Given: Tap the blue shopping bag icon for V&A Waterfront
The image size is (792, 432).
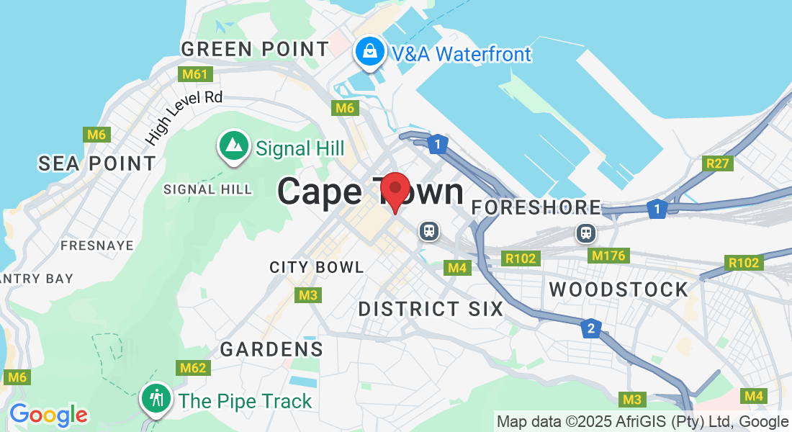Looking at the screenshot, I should pos(369,52).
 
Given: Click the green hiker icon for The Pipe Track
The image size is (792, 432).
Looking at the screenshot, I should pos(156,398).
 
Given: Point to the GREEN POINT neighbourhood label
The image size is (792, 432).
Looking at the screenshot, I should pos(255,49).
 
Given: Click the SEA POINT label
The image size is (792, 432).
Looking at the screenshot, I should pos(97,163).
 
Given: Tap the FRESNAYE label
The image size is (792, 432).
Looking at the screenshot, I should pos(97,246).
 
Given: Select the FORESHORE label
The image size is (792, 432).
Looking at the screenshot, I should pos(536,207).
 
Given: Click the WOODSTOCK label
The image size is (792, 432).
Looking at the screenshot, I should pos(619,289).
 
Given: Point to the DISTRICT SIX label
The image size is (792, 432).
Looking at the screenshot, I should pos(431,309).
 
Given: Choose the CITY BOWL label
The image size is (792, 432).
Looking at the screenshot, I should pos(317,267).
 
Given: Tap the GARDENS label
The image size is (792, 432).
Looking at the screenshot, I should pos(271,349).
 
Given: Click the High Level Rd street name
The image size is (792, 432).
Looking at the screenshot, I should pos(184,115).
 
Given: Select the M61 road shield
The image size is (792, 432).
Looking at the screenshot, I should pos(194,74).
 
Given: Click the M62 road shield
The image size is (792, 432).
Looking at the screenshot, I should pos(194,369).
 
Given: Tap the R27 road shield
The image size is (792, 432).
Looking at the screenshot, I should pos(718,163).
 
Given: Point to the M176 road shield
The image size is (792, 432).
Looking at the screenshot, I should pos(608,256).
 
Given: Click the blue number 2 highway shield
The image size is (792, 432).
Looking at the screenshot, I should pos(590,328).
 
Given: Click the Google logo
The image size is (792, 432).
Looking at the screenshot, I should pos(48,415).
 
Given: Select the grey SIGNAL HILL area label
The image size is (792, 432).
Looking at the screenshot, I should pos(208,189).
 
